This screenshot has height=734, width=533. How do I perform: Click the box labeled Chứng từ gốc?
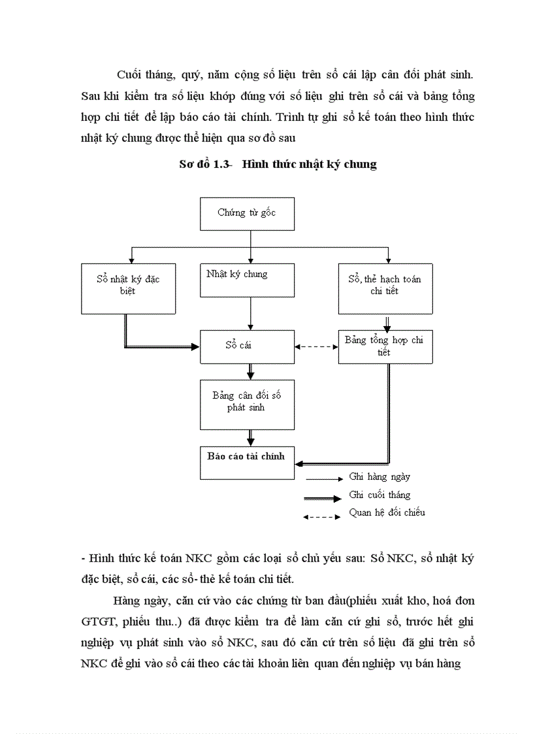point(247,212)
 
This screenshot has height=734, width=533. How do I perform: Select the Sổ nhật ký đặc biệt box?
point(128,288)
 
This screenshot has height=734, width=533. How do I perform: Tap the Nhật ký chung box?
point(247,288)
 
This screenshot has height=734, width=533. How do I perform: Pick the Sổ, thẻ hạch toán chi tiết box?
point(385,288)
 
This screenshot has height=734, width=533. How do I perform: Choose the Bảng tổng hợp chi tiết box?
point(385,346)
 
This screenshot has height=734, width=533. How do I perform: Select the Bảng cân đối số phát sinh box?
point(247,401)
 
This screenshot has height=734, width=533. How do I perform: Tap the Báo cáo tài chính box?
point(247,462)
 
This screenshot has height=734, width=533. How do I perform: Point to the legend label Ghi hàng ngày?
point(380,477)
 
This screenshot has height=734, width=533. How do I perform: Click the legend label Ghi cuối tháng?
point(380,495)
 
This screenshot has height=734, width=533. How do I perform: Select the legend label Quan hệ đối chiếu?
point(387,512)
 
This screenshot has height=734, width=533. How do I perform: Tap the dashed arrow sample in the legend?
point(321,517)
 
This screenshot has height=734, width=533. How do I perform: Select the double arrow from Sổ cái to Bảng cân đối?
point(251,371)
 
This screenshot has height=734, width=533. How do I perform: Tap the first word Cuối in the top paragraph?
point(131,74)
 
